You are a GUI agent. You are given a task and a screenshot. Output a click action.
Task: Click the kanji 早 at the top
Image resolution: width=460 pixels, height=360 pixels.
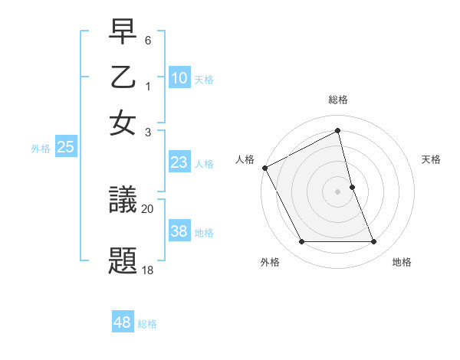coord(123,34)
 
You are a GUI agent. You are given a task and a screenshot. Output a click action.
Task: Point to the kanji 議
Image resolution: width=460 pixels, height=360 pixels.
coord(123,202)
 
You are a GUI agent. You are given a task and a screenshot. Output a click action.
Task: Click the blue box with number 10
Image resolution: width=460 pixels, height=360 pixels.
coord(179,78)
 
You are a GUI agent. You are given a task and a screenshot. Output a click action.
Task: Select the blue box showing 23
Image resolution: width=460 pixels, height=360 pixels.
coord(179,162)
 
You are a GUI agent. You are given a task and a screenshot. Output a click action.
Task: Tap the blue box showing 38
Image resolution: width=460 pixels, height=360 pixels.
coord(179,231)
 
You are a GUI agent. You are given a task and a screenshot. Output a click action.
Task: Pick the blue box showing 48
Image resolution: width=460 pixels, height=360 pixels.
coord(123,322)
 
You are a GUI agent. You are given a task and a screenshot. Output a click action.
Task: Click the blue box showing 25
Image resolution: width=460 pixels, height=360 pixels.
coord(65,148)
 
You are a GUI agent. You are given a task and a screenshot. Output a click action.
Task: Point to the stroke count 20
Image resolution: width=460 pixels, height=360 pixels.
coord(148,208)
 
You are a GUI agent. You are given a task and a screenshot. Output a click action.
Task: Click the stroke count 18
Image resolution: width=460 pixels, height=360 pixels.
coord(148,270)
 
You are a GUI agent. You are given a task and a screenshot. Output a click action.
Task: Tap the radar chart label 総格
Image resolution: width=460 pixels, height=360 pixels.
coord(338,100)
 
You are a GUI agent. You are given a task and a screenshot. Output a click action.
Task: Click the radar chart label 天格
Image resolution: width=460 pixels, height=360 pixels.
coord(431,159)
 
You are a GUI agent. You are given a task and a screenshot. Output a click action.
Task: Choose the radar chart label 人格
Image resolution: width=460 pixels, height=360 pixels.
coord(245,159)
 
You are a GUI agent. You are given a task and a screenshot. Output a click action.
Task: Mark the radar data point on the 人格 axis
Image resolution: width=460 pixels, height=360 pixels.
coord(265,168)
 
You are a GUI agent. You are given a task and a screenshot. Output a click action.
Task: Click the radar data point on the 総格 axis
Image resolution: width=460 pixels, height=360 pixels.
coord(338,131)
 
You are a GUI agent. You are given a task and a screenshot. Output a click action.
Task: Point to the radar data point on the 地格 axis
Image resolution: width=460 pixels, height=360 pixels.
coord(374,242)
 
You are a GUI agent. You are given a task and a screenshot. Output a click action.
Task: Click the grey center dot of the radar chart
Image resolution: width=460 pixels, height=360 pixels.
coord(338,191)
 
